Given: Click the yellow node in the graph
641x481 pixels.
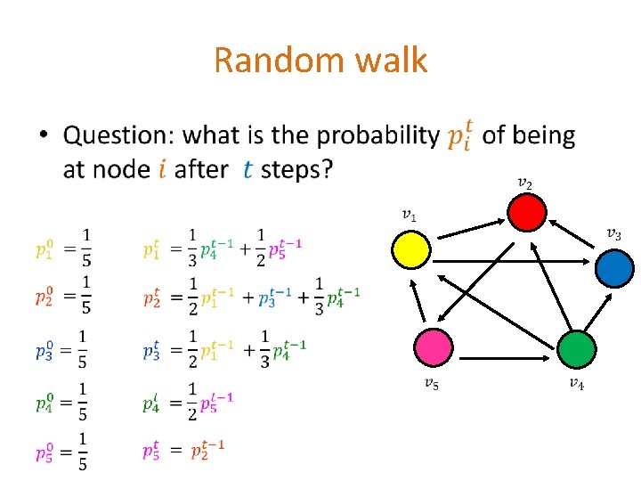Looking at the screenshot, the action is (411, 249).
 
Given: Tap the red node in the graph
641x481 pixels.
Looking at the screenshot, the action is (526, 213).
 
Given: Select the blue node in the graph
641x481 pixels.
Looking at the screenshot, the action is (614, 267).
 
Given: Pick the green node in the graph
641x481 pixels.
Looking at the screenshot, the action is (578, 349).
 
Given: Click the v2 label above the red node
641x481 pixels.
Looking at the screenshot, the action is (525, 183).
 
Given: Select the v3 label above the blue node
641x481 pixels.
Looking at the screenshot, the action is (613, 234).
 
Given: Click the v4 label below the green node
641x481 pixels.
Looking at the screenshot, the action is (577, 384).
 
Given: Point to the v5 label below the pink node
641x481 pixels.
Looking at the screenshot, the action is (430, 384).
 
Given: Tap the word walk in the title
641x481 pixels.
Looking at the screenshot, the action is (391, 61).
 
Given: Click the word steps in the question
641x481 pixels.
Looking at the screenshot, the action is (296, 168).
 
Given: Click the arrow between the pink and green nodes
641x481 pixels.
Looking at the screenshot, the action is (503, 348).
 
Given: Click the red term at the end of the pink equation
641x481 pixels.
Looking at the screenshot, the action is (210, 450).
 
